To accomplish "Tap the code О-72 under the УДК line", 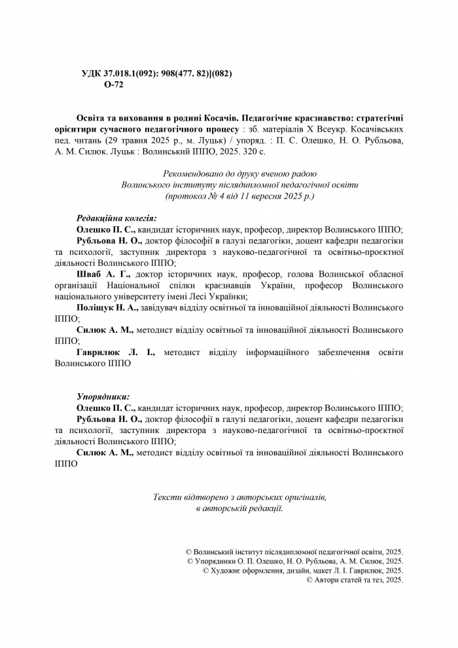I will (113, 85).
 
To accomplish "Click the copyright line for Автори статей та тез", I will (355, 580).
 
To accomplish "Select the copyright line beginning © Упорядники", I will (295, 562).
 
